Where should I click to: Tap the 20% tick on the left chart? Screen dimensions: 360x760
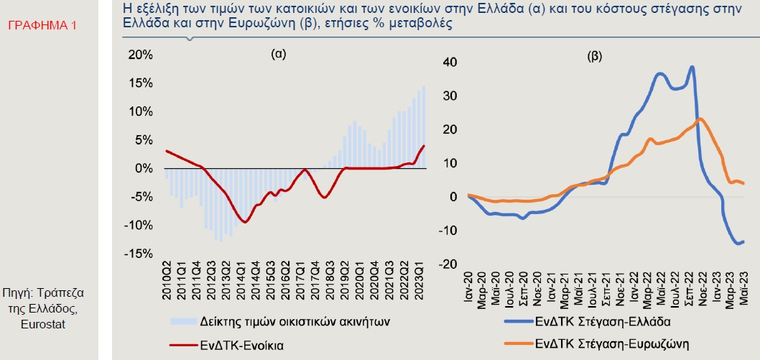139,55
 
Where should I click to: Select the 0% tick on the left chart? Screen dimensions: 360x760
142,168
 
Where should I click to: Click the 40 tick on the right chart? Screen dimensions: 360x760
450,62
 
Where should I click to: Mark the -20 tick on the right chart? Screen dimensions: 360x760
448,264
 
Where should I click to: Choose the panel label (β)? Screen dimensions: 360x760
595,55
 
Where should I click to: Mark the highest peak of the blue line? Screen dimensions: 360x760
691,67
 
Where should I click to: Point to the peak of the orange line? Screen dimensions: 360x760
700,119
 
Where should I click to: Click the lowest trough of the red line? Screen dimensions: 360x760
245,222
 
